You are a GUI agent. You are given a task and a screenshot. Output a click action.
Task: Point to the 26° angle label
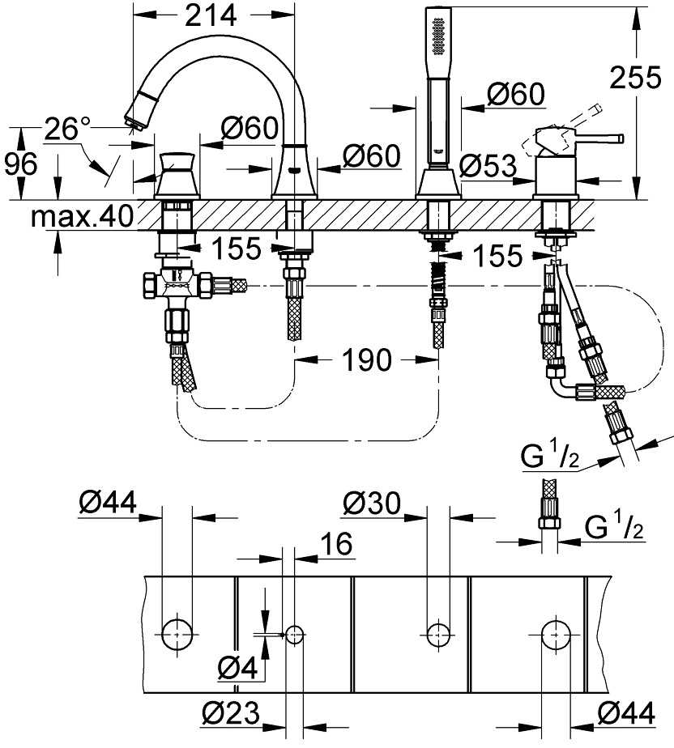pos(67,129)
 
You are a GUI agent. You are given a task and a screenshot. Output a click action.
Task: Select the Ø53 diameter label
pos(487,167)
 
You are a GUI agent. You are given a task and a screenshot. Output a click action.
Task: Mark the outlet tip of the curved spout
pos(134,120)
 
